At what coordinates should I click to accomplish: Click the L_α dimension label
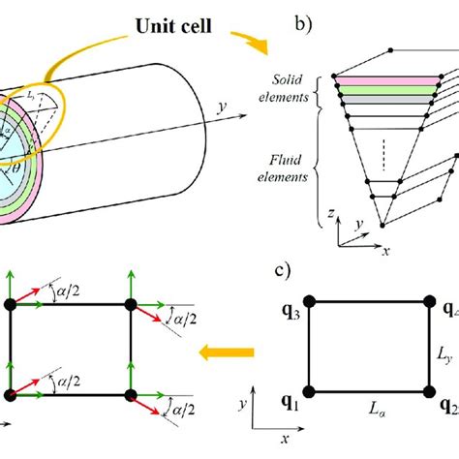(370, 410)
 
